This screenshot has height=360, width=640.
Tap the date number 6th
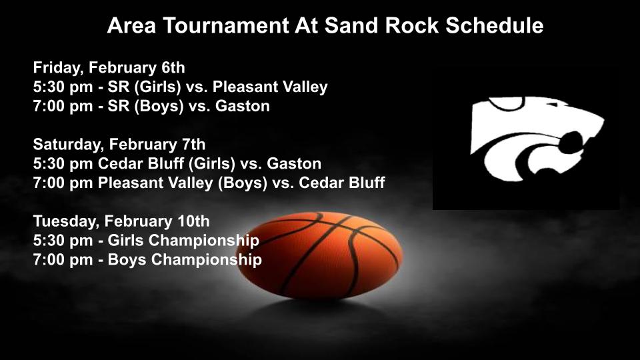pyautogui.click(x=170, y=67)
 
